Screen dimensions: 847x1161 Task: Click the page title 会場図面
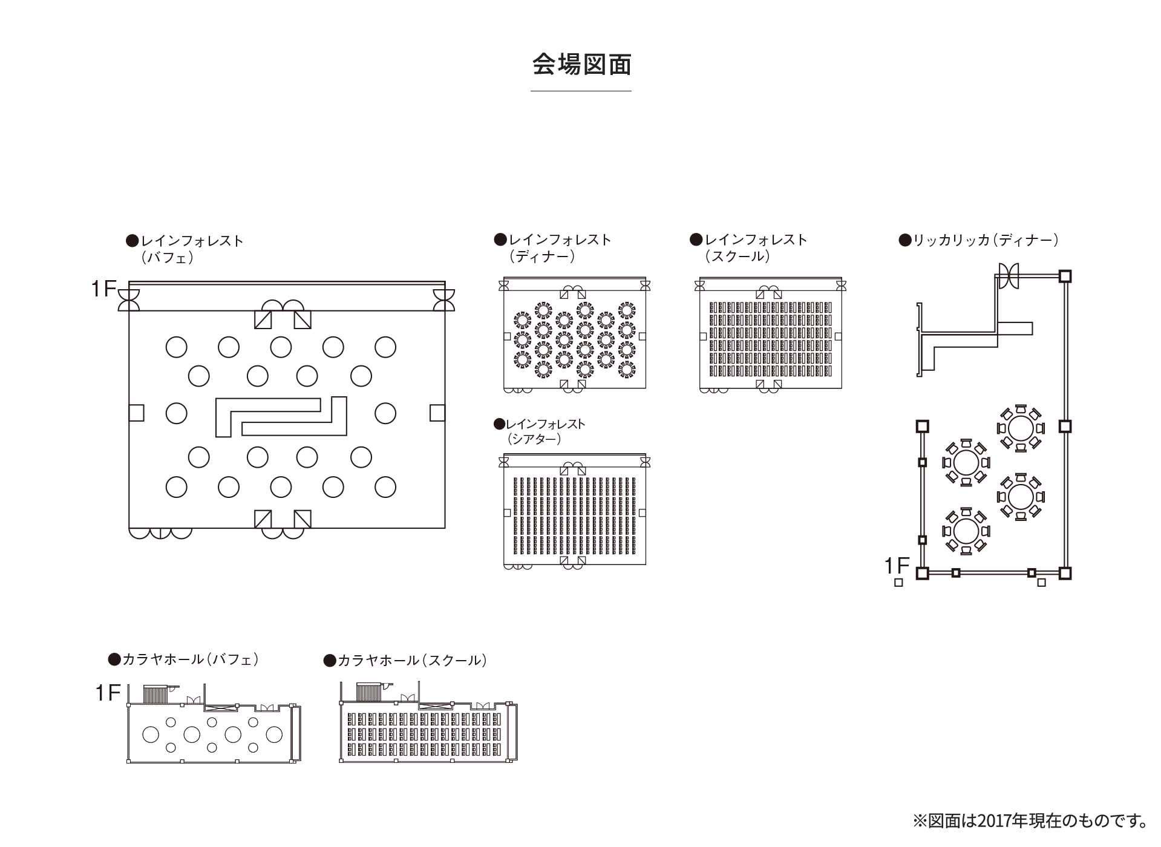tap(581, 65)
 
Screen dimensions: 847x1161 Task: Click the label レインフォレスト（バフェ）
tap(185, 249)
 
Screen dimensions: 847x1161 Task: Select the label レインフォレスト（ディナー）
tap(553, 247)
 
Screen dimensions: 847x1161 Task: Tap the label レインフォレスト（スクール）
tap(748, 247)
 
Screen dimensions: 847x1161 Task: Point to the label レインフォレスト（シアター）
tap(540, 431)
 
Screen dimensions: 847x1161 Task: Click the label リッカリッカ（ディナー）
tap(979, 240)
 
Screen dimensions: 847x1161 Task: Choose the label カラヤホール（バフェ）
tap(184, 659)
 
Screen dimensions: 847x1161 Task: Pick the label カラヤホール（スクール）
tap(405, 660)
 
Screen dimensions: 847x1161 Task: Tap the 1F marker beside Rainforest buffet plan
tap(103, 289)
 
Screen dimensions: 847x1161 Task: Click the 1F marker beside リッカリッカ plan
tap(897, 566)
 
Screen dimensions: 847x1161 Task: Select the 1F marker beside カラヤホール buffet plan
tap(108, 693)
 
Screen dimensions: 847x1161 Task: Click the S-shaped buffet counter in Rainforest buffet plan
tap(281, 416)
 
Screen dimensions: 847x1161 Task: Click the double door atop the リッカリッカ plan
tap(1009, 276)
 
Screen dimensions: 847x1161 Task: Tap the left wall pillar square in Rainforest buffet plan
tap(136, 413)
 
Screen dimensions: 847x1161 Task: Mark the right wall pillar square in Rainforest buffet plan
tap(437, 413)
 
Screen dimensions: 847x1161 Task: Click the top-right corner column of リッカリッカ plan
tap(1065, 276)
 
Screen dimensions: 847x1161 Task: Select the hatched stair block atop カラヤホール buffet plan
tap(155, 694)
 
